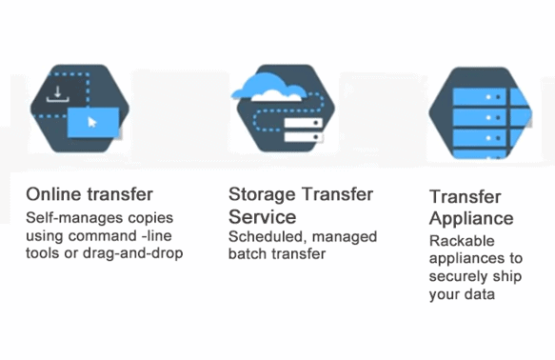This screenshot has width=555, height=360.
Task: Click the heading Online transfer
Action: [x=89, y=195]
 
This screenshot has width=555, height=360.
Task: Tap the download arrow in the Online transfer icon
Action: [x=59, y=93]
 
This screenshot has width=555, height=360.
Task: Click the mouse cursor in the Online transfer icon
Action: [x=92, y=123]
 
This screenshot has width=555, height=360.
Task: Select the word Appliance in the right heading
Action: [x=471, y=218]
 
